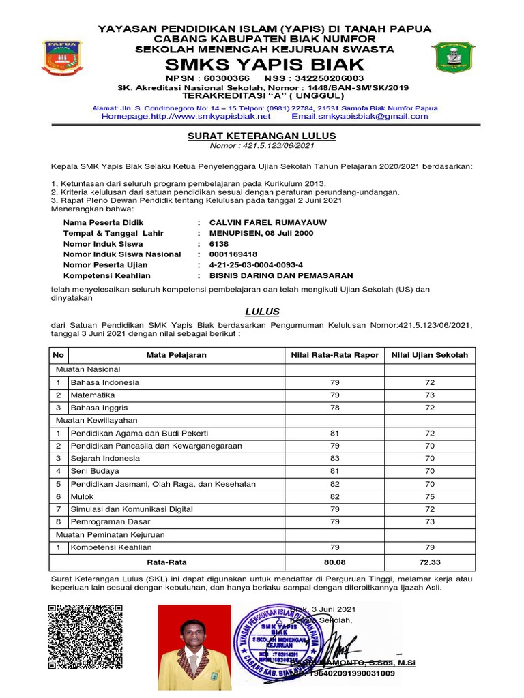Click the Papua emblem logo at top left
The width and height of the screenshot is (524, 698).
click(63, 58)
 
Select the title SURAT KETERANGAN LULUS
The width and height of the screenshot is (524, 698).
click(262, 136)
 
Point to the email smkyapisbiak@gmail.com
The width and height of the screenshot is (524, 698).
click(369, 117)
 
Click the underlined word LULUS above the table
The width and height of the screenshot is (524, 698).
click(262, 312)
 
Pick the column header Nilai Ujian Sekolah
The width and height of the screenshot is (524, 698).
click(430, 355)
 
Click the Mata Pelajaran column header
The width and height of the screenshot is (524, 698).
click(176, 355)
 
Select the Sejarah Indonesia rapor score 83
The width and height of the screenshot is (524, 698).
click(334, 458)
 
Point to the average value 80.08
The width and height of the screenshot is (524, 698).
click(334, 562)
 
